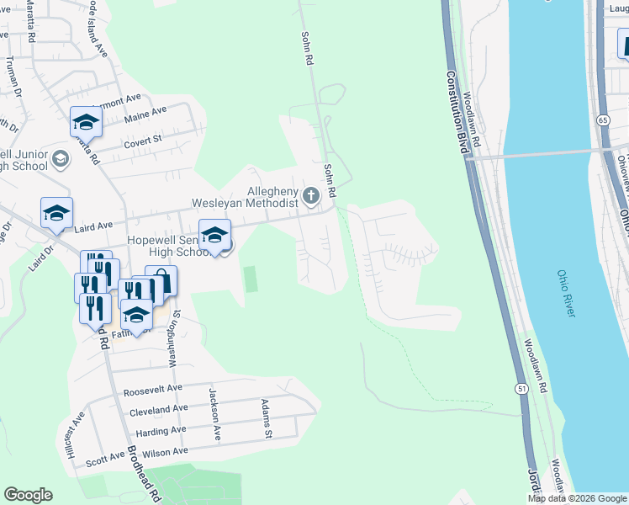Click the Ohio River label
point(565,294)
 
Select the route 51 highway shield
point(521,388)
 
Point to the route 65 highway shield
point(603,121)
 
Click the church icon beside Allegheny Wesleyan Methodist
point(311,197)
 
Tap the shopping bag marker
point(161,281)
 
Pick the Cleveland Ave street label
point(159,411)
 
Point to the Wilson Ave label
point(166,453)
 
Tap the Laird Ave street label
point(92,226)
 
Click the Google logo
point(28,495)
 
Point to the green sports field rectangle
point(250,279)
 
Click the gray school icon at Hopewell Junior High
point(60,158)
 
